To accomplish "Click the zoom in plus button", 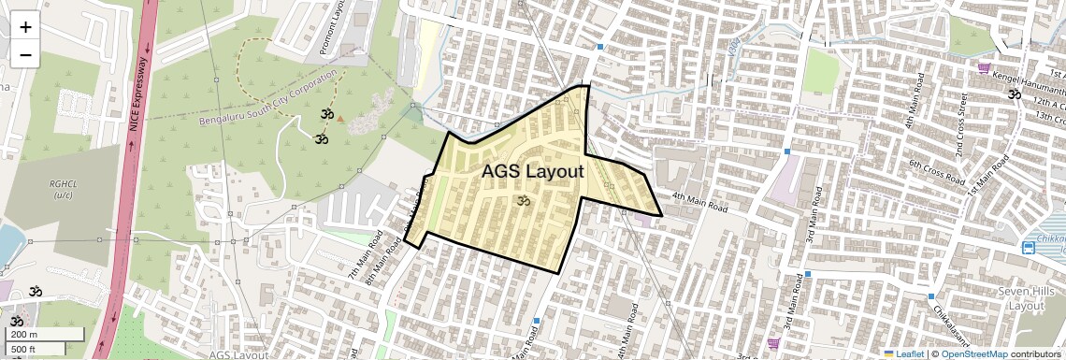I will pos(25,27).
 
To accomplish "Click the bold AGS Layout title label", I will pos(533,172).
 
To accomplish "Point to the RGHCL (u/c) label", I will pos(64,190).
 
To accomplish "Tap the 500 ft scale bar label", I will pos(25,350).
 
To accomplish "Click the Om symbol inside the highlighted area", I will pos(524,200).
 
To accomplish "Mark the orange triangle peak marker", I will pos(340,119).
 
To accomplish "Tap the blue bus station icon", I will pos(1029,248).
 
